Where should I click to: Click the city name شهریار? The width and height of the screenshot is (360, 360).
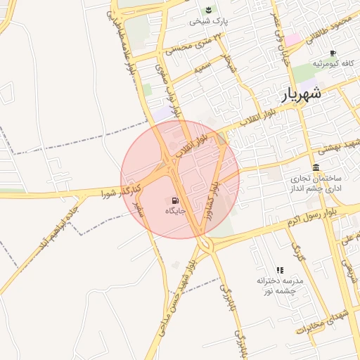click(x=302, y=94)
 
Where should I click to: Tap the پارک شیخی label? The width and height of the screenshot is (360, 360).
click(x=209, y=22)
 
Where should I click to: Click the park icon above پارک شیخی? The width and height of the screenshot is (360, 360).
click(x=209, y=10)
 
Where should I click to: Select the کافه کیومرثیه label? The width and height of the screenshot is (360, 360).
click(x=333, y=64)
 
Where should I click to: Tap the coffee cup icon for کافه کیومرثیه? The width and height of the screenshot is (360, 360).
click(x=333, y=53)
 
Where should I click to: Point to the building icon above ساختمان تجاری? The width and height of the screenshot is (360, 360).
click(x=316, y=167)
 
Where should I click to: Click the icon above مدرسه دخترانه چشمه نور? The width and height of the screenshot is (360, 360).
click(x=280, y=270)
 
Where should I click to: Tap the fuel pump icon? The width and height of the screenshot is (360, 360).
click(x=174, y=199)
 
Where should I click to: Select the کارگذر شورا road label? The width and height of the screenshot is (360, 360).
click(x=122, y=190)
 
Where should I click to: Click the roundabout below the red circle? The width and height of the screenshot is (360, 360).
click(x=205, y=245)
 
